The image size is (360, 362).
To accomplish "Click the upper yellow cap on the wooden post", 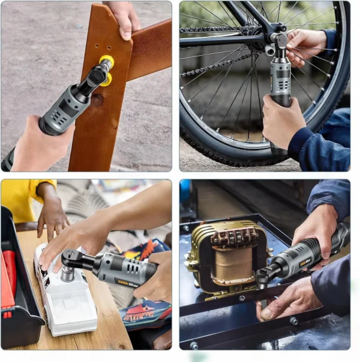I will (106, 61).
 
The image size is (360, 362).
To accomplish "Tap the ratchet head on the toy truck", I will (70, 259).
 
